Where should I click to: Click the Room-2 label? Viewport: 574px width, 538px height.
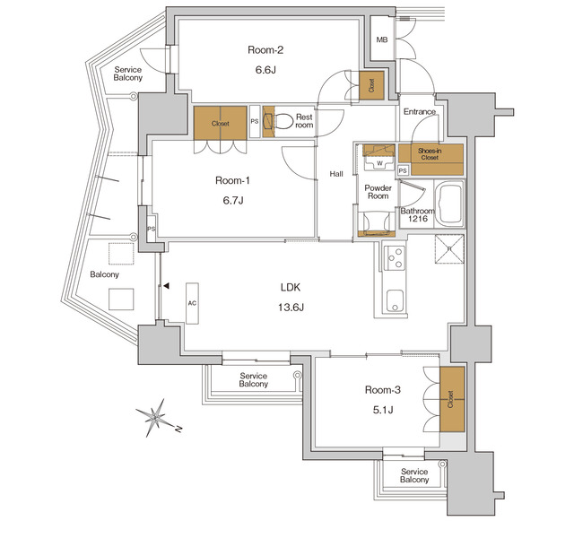pyautogui.click(x=266, y=50)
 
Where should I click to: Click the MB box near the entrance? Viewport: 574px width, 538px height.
pyautogui.click(x=382, y=39)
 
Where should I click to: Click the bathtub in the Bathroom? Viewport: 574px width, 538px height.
pyautogui.click(x=447, y=202)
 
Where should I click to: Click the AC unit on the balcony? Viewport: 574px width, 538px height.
pyautogui.click(x=192, y=303)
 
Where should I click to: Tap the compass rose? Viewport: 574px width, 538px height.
pyautogui.click(x=156, y=417)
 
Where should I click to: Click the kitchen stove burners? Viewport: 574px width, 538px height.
pyautogui.click(x=392, y=260)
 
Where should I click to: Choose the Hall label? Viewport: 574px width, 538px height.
pyautogui.click(x=336, y=174)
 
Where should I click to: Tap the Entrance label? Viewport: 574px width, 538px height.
pyautogui.click(x=419, y=112)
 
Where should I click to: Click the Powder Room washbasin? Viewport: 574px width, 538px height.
pyautogui.click(x=370, y=221)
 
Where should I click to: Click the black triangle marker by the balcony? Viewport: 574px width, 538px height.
pyautogui.click(x=167, y=286)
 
